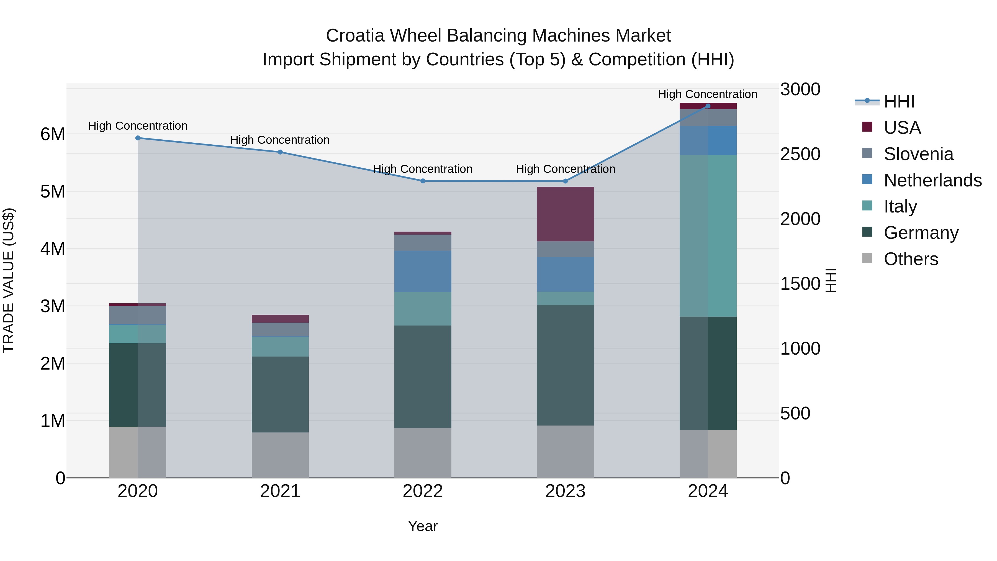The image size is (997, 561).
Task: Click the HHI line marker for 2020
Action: pyautogui.click(x=138, y=138)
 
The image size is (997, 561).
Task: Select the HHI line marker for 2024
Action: pyautogui.click(x=708, y=106)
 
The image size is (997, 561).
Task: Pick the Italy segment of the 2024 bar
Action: pyautogui.click(x=708, y=236)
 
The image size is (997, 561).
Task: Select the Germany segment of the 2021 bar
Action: pyautogui.click(x=280, y=394)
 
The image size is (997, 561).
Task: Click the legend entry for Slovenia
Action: pyautogui.click(x=918, y=154)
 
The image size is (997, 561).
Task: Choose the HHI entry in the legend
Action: pyautogui.click(x=899, y=101)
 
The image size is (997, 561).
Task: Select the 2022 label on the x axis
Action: pyautogui.click(x=423, y=491)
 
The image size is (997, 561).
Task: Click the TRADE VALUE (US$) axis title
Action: pyautogui.click(x=9, y=280)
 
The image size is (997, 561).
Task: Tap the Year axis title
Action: pyautogui.click(x=423, y=526)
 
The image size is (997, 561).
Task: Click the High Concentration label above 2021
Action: pyautogui.click(x=280, y=140)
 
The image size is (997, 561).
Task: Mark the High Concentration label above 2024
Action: pyautogui.click(x=708, y=94)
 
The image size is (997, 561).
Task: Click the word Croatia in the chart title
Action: pyautogui.click(x=355, y=36)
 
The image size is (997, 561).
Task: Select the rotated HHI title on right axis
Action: pyautogui.click(x=831, y=280)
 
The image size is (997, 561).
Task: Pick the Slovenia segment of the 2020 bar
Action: pyautogui.click(x=138, y=315)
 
